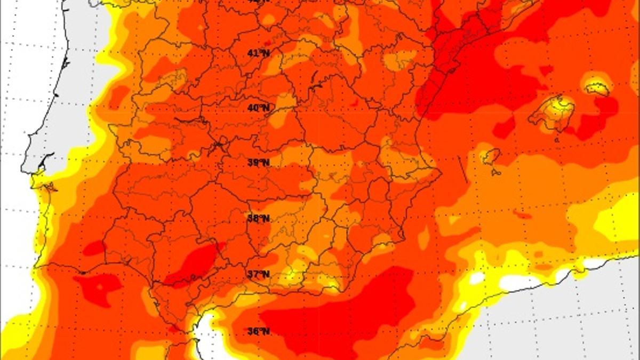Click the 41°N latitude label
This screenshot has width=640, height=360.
258,53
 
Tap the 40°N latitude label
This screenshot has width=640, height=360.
258,108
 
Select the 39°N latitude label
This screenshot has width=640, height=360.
258,163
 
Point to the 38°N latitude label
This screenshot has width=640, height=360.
258,218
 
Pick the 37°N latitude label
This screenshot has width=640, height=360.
258,274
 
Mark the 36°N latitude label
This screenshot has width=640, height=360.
258,331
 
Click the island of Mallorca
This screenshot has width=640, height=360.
552,112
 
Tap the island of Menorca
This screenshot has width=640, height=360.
597,88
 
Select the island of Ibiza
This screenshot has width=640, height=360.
491,156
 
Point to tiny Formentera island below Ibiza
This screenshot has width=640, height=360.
496,172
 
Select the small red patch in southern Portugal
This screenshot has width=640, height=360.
94,248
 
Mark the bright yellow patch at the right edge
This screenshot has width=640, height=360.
619,219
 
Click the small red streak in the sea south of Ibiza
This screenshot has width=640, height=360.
523,215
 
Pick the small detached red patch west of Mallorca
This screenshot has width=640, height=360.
503,128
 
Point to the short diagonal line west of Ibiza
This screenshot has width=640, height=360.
462,170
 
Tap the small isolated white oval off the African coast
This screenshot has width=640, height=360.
476,278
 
